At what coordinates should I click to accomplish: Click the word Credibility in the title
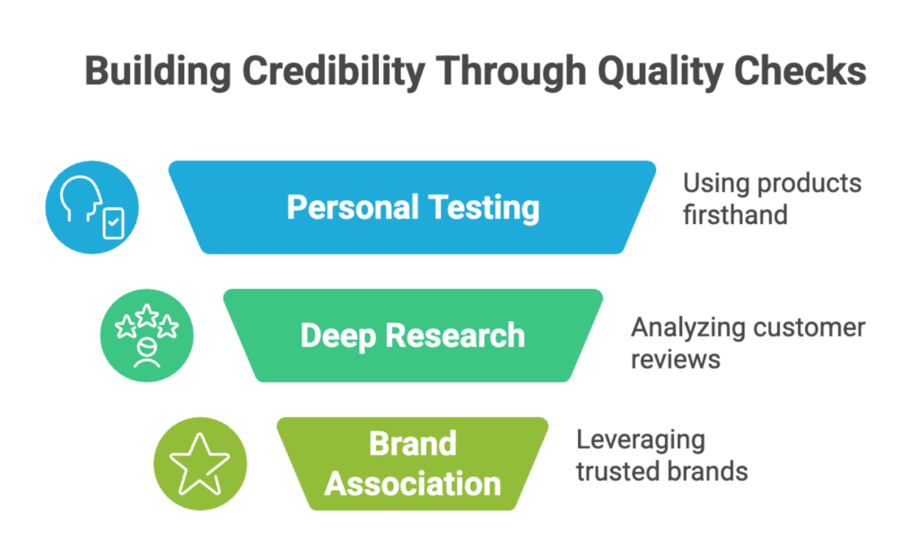point(334,72)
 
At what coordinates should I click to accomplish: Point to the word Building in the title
point(158,72)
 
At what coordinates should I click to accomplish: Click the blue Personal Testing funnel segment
point(412,207)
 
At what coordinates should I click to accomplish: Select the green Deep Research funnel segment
point(413,336)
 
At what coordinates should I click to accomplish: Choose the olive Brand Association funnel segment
point(413,464)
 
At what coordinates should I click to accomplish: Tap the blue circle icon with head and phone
point(92,207)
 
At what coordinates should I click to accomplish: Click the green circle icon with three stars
point(146,336)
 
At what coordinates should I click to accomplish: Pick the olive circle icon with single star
point(200,464)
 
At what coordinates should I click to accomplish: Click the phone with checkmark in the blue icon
point(114,223)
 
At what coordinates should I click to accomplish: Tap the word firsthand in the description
point(735,214)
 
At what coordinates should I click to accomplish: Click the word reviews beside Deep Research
point(675,360)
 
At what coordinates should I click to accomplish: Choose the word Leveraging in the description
point(641,440)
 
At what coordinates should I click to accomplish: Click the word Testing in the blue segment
point(484,208)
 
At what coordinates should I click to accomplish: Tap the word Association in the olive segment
point(413,484)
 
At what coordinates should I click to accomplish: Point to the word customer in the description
point(801,327)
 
